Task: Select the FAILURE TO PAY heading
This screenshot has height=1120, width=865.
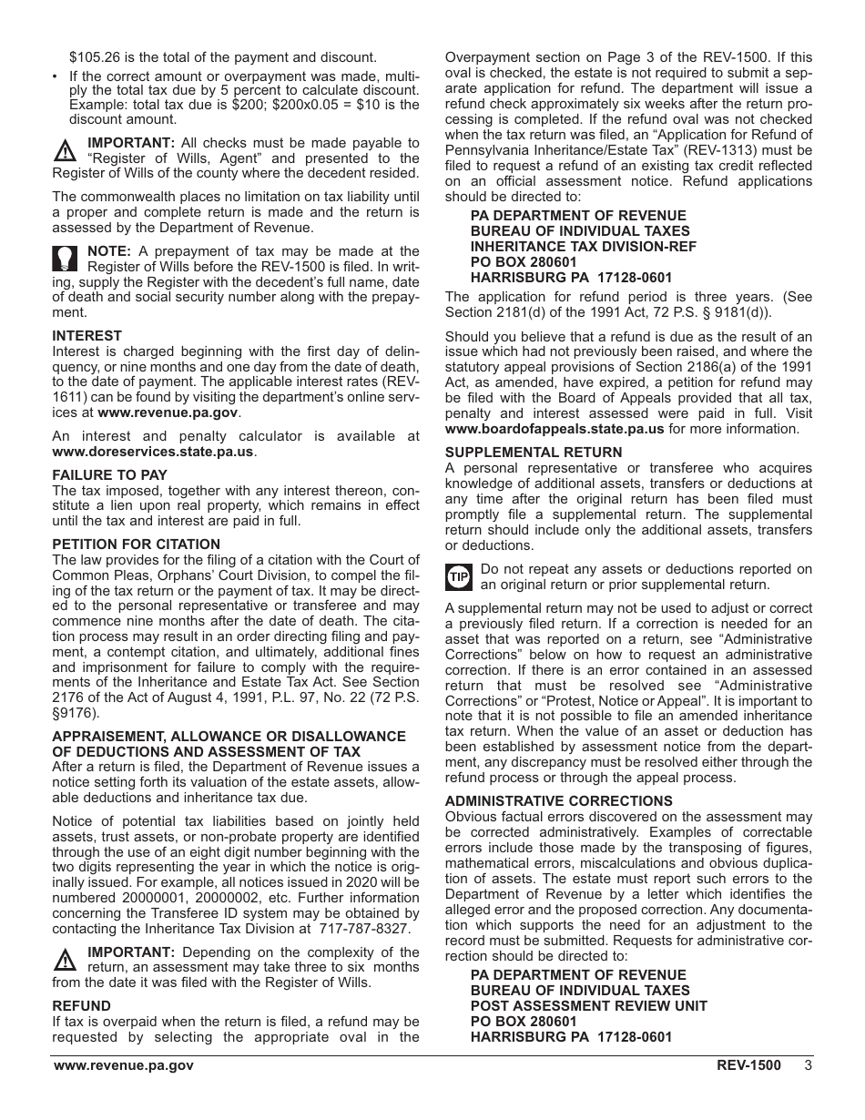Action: tap(109, 475)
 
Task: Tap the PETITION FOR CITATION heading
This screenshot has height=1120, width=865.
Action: tap(136, 545)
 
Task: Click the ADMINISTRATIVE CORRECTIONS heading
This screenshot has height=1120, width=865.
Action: tap(558, 801)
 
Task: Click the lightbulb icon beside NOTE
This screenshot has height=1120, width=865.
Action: tap(66, 260)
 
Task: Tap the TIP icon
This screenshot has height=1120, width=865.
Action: tap(458, 577)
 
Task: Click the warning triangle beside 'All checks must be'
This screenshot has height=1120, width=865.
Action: tap(66, 150)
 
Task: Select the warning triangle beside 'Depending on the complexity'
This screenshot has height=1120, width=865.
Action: tap(66, 960)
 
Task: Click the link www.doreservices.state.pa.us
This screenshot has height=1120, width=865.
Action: tap(154, 452)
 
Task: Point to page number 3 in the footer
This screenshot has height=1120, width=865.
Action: tap(808, 1066)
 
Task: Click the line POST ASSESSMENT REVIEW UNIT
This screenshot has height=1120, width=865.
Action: tap(588, 1006)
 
